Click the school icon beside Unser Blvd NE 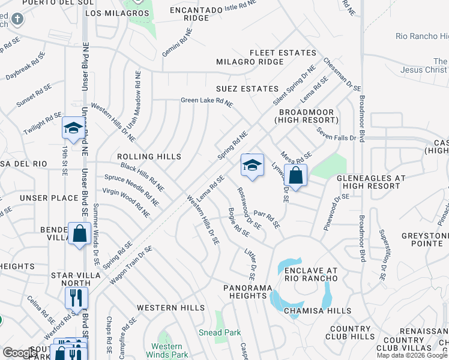pyautogui.click(x=73, y=128)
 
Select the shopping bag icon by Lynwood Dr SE pyautogui.click(x=295, y=176)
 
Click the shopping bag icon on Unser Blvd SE pyautogui.click(x=79, y=234)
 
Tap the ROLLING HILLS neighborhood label pyautogui.click(x=150, y=157)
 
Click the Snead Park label pyautogui.click(x=220, y=332)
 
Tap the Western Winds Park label pyautogui.click(x=166, y=350)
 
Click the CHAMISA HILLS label pyautogui.click(x=318, y=310)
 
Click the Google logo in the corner pyautogui.click(x=20, y=353)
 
